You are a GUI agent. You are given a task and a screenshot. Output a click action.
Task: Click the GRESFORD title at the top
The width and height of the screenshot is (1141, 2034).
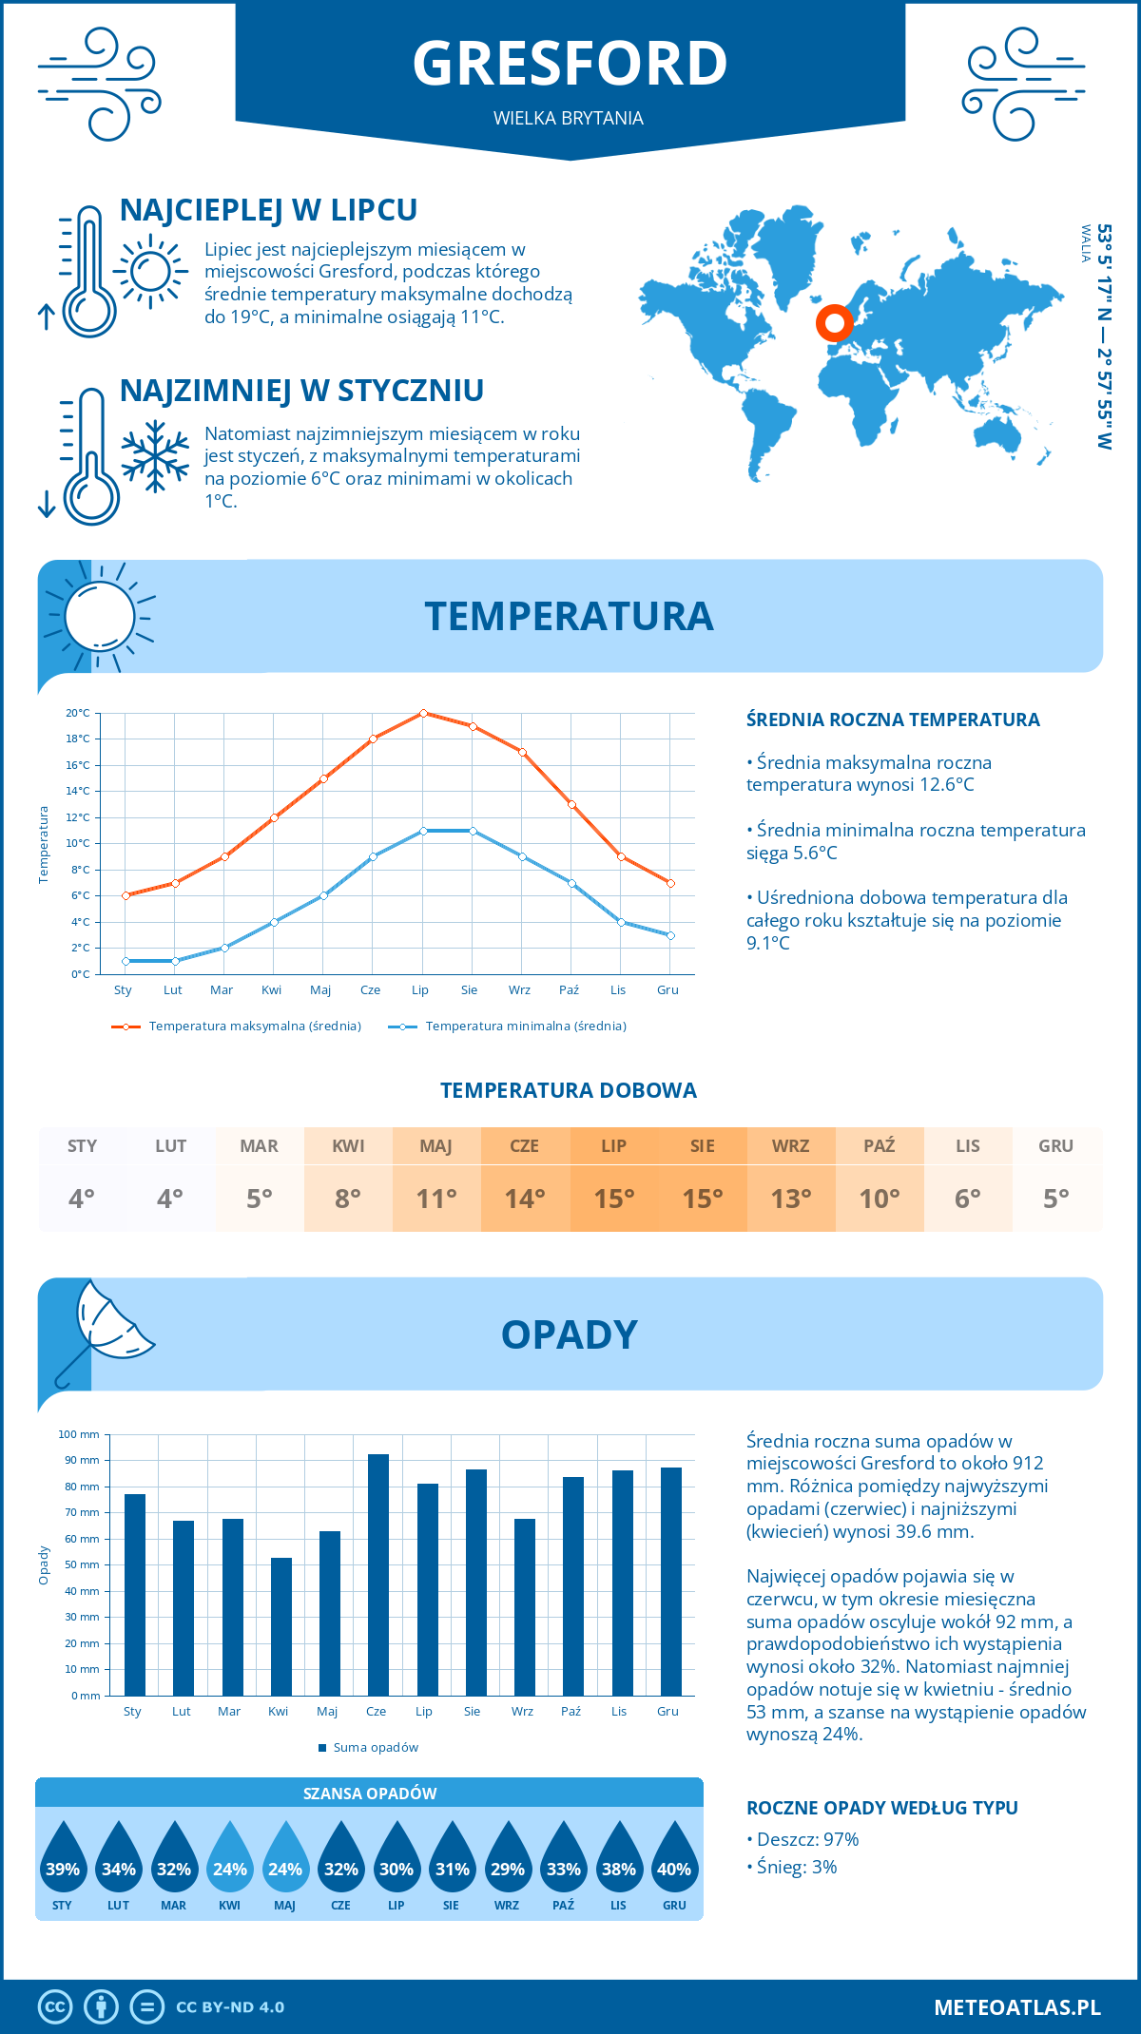coord(570,65)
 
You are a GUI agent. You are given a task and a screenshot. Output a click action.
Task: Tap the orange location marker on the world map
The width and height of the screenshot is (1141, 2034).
coord(834,324)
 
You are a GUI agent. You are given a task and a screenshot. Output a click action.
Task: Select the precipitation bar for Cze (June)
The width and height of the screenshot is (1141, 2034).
coord(377,1574)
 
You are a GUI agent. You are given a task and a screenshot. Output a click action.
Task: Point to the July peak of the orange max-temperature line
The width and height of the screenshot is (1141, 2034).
coord(423,713)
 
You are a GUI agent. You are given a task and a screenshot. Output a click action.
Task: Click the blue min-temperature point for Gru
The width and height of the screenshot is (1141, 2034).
coord(670,935)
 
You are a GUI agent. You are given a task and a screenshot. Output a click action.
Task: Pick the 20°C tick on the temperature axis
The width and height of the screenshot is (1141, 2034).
coord(78,713)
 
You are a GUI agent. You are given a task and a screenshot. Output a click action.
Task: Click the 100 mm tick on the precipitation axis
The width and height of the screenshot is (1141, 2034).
coord(79,1434)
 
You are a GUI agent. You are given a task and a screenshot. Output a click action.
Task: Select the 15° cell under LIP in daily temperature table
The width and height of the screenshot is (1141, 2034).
coord(613,1199)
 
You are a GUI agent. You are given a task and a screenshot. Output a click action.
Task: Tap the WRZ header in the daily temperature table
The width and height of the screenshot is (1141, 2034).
coord(790,1146)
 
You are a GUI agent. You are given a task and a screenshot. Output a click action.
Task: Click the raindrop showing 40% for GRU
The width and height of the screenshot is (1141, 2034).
coord(674,1859)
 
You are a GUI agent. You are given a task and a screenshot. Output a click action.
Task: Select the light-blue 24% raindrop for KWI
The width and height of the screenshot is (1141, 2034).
coord(230,1859)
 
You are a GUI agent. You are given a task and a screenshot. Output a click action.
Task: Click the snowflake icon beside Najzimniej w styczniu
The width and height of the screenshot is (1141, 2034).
coord(155,456)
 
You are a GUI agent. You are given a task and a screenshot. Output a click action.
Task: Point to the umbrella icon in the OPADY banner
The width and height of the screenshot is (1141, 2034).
coord(105,1326)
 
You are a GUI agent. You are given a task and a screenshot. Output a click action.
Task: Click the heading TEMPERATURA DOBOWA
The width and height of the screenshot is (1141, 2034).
coord(569,1090)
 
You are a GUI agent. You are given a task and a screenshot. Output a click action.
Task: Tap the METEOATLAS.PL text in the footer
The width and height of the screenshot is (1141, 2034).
coord(1016,2007)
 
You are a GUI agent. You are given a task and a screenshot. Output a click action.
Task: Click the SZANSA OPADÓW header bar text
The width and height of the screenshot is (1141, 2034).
coord(370,1794)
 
